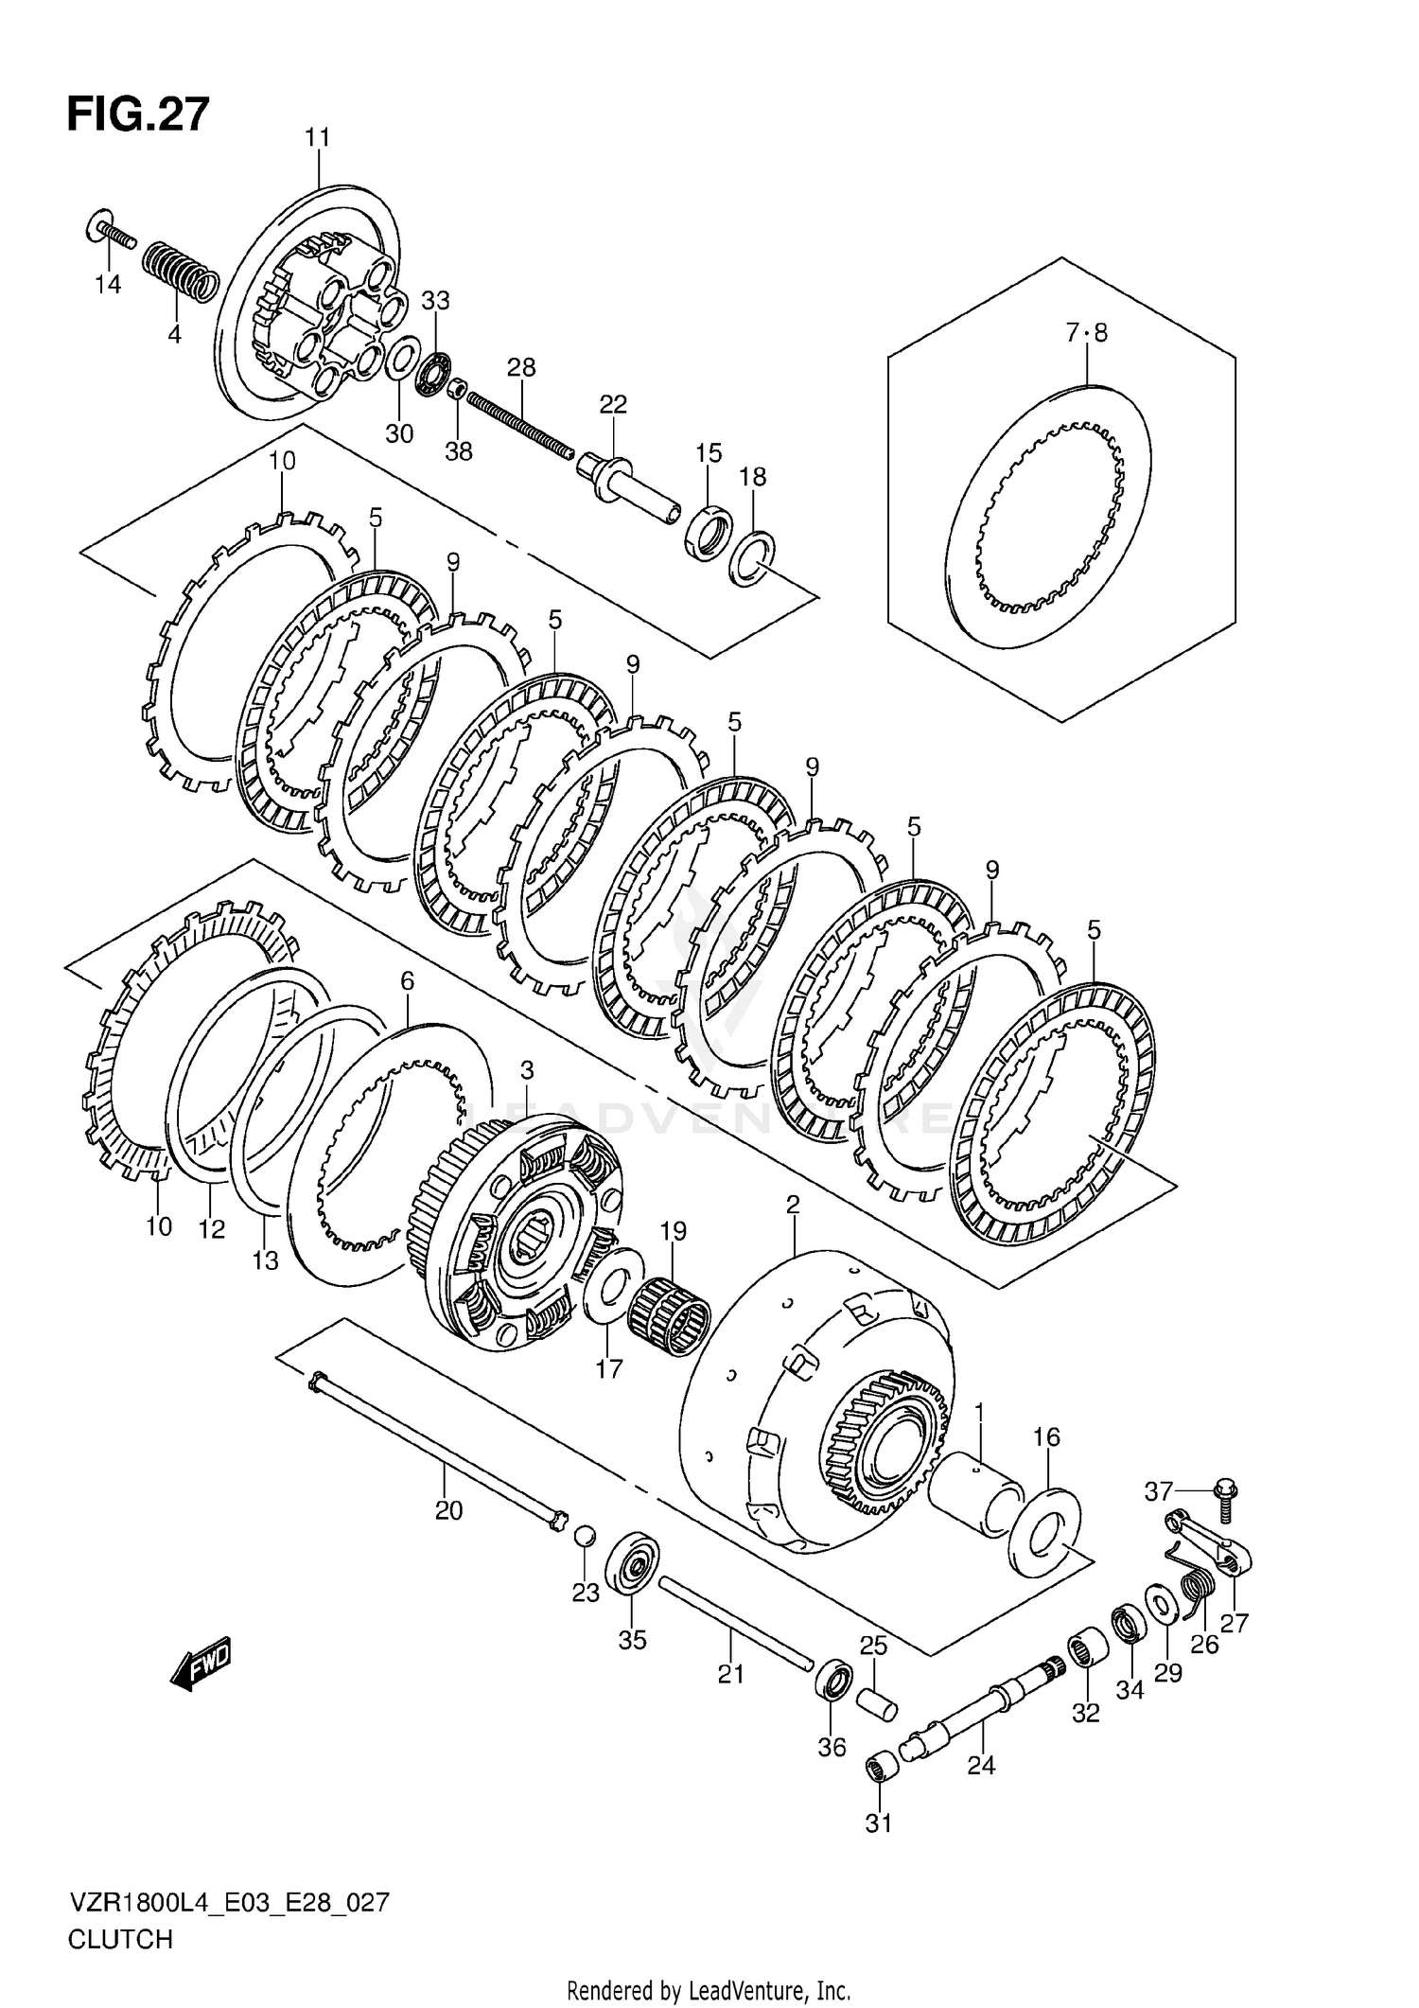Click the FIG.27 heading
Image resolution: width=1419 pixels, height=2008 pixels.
tap(138, 115)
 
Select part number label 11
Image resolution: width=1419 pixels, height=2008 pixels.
tap(318, 138)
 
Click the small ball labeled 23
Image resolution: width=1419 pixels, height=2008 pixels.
tap(585, 1535)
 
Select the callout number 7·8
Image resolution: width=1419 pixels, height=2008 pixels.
tap(1086, 333)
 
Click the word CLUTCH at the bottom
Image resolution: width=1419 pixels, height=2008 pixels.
tap(120, 1939)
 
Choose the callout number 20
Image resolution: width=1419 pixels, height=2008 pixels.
tap(448, 1510)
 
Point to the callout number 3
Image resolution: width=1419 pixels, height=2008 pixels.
tap(527, 1070)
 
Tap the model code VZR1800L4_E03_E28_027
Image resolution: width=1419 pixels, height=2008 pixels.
tap(228, 1902)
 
